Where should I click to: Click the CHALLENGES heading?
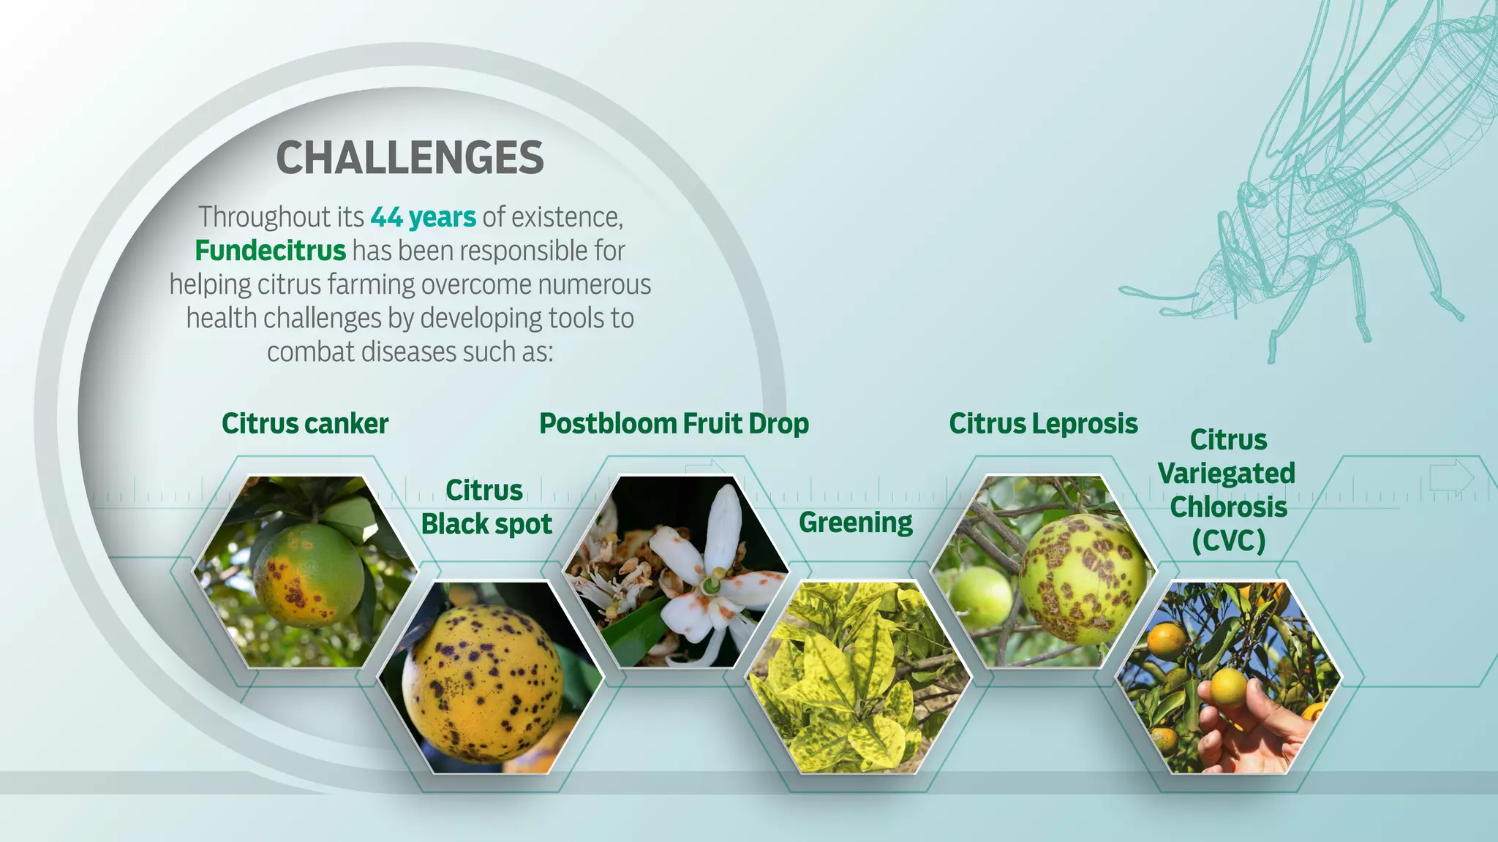(x=410, y=158)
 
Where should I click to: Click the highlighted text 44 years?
(x=423, y=217)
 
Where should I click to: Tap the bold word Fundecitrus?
(x=270, y=251)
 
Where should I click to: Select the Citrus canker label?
(x=305, y=424)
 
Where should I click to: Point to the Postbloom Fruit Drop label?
(x=674, y=424)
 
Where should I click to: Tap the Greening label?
(x=855, y=523)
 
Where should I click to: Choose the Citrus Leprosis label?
(x=1043, y=424)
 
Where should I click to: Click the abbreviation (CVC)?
(x=1228, y=542)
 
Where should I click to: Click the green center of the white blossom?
(x=710, y=585)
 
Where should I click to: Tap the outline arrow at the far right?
(x=1451, y=478)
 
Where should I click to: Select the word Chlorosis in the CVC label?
(x=1228, y=507)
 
